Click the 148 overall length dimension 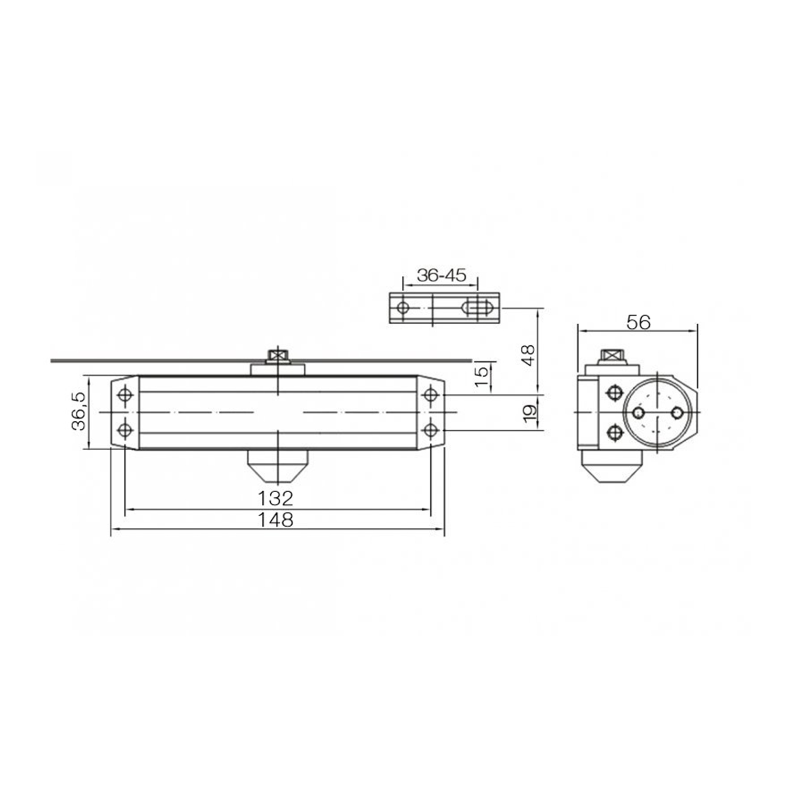[275, 520]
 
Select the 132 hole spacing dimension [275, 498]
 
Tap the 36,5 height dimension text [79, 411]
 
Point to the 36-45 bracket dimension [441, 275]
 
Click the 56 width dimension [639, 322]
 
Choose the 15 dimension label [481, 376]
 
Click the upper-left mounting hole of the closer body [125, 394]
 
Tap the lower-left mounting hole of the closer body [125, 430]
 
